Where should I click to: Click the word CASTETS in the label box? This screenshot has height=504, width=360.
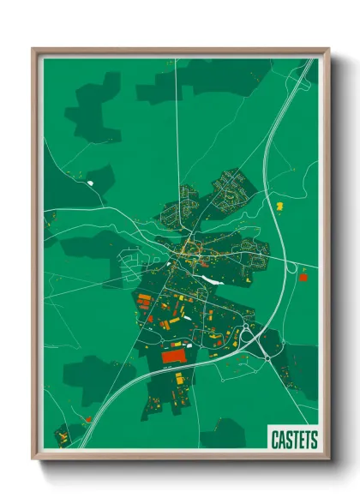coord(293,440)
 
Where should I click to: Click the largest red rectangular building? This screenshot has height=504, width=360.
coord(175,354)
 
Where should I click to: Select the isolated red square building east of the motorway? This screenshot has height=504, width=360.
coord(302,277)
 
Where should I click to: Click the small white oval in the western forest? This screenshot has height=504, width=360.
coord(89,182)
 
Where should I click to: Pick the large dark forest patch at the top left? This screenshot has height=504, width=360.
coord(93,107)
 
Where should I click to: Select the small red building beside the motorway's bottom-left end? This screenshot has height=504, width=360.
coord(87,417)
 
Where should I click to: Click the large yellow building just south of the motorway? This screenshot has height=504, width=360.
coord(179,378)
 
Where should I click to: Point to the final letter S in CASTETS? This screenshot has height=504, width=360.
coord(313,440)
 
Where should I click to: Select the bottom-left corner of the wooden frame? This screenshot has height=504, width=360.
coord(36,456)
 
